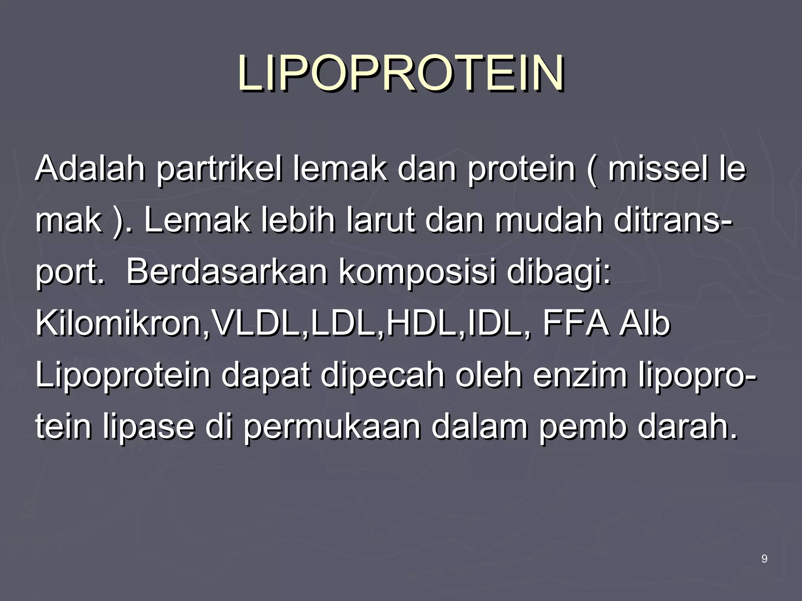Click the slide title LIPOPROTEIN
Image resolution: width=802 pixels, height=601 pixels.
(401, 74)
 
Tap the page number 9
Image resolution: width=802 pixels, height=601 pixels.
(764, 559)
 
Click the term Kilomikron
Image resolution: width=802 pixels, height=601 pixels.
(117, 324)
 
